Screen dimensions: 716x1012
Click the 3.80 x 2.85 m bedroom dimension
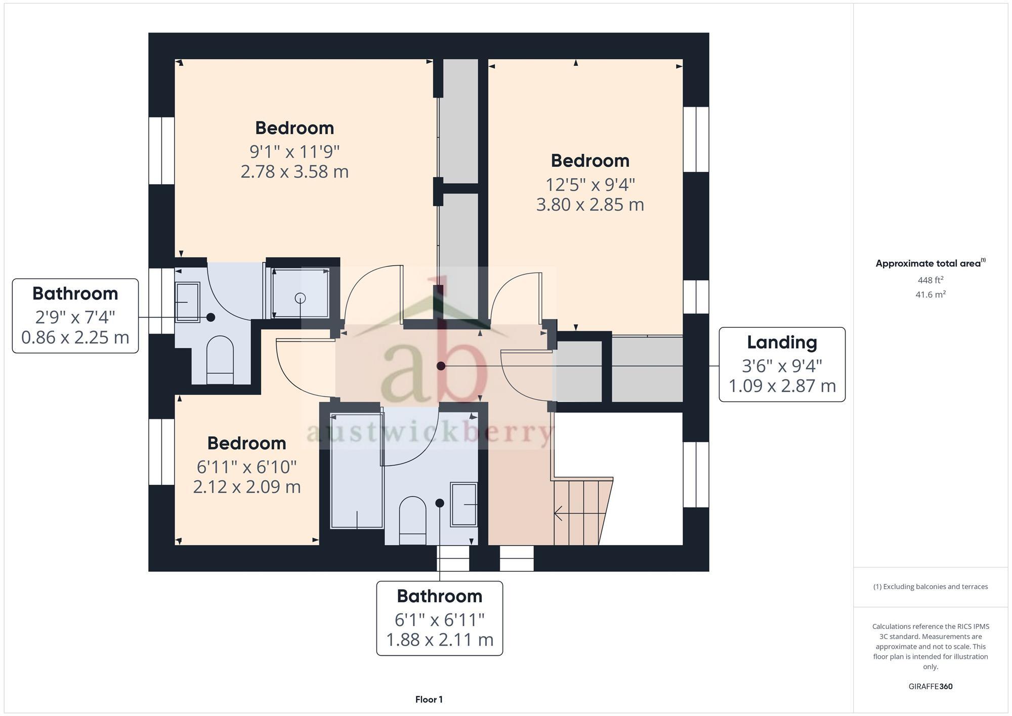click(590, 205)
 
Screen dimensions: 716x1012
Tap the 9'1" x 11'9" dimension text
click(294, 151)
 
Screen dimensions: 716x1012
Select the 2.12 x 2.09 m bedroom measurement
click(247, 487)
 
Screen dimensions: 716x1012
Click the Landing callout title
click(782, 343)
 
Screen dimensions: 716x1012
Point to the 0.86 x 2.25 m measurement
click(75, 338)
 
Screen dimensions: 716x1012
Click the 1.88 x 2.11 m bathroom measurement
click(440, 640)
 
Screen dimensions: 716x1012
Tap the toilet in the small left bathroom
click(220, 359)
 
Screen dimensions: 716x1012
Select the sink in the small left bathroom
click(187, 302)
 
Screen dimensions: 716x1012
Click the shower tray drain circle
click(301, 298)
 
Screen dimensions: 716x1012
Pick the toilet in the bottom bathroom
click(412, 520)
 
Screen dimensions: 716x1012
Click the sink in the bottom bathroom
click(463, 504)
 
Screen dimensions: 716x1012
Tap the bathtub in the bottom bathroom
click(356, 471)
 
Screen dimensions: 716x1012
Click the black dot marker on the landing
click(441, 366)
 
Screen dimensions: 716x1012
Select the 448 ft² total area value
click(930, 280)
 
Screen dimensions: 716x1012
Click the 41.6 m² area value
click(930, 294)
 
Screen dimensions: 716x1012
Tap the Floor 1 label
click(429, 699)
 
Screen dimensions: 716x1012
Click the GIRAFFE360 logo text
click(930, 687)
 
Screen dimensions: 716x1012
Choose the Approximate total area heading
click(929, 264)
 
